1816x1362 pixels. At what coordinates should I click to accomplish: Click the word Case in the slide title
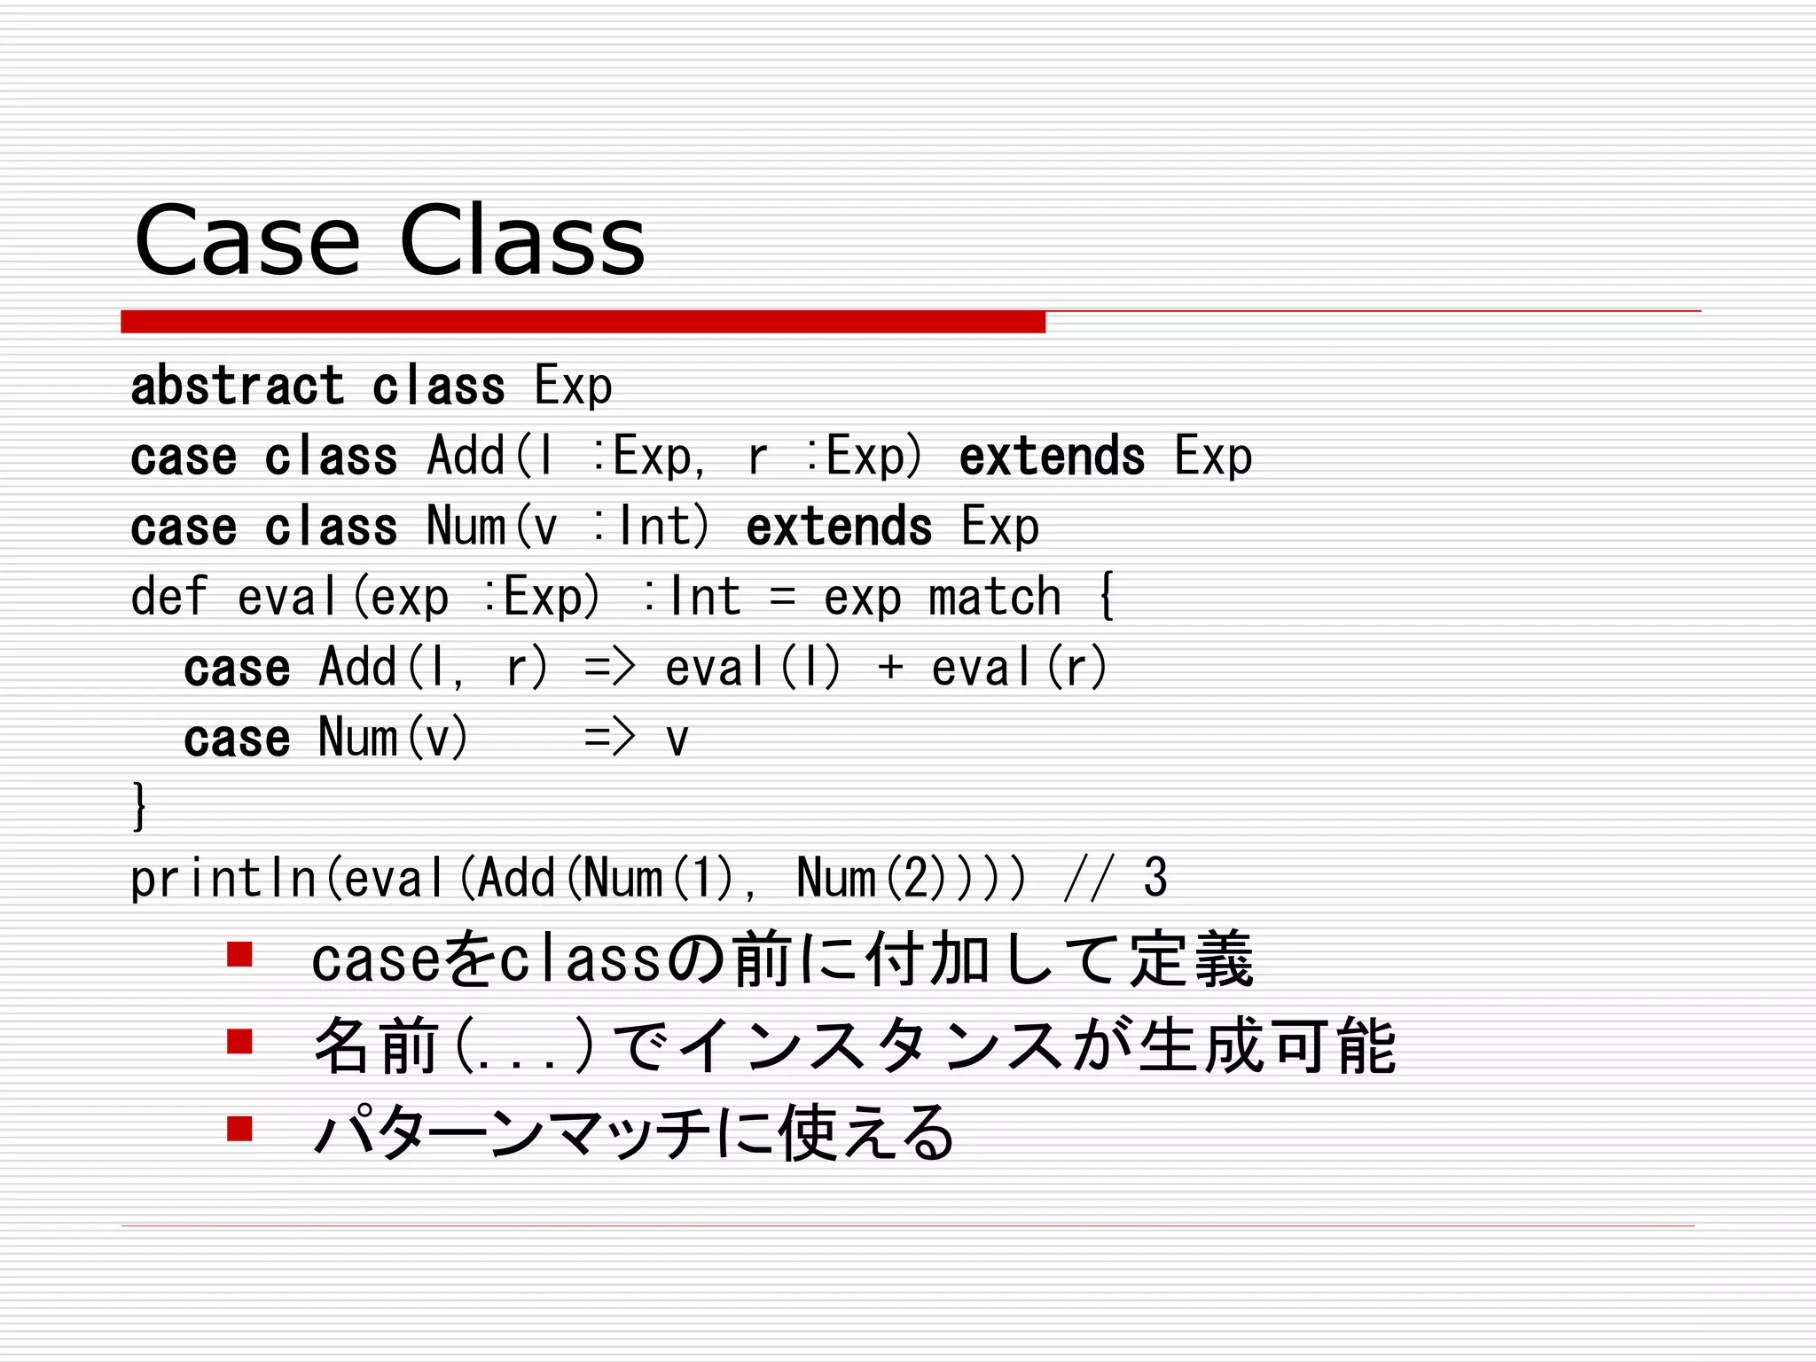pos(247,241)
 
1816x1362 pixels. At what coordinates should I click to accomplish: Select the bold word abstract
pos(237,387)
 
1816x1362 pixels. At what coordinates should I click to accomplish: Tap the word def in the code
pos(168,597)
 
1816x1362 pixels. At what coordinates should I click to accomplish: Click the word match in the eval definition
pos(994,598)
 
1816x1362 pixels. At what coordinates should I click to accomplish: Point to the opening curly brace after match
pos(1106,596)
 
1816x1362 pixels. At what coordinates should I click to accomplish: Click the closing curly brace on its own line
pos(139,806)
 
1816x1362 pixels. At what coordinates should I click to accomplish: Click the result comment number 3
pos(1155,878)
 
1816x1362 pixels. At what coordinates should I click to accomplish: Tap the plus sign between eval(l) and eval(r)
pos(890,668)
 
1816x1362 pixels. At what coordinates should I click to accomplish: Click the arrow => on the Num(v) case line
pos(610,738)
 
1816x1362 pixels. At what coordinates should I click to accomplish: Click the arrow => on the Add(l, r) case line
pos(610,668)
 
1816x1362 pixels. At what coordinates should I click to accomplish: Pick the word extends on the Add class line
pos(1052,458)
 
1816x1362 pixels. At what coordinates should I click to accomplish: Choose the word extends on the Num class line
pos(839,528)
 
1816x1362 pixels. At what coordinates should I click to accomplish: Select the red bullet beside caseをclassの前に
pos(239,955)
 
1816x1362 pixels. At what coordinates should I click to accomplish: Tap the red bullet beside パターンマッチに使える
pos(239,1129)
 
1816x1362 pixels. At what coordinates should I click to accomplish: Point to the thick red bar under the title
pos(583,322)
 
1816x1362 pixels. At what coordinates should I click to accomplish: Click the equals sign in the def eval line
pos(782,598)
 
